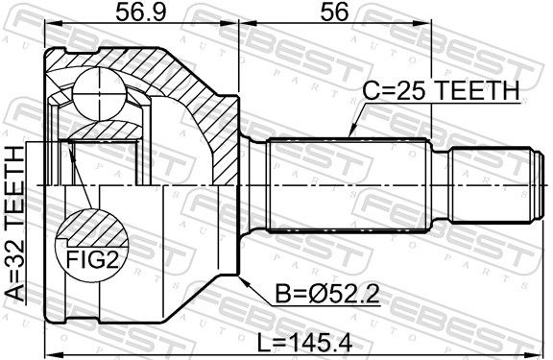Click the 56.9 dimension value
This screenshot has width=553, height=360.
click(x=140, y=12)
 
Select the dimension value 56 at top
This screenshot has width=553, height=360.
click(x=334, y=12)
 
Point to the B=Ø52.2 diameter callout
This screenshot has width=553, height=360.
click(x=327, y=294)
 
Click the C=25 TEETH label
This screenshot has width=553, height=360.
click(x=441, y=90)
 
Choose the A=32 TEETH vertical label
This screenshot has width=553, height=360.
click(x=14, y=224)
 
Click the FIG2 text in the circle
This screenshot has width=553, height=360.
click(x=92, y=259)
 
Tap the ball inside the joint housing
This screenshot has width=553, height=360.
click(x=100, y=94)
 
